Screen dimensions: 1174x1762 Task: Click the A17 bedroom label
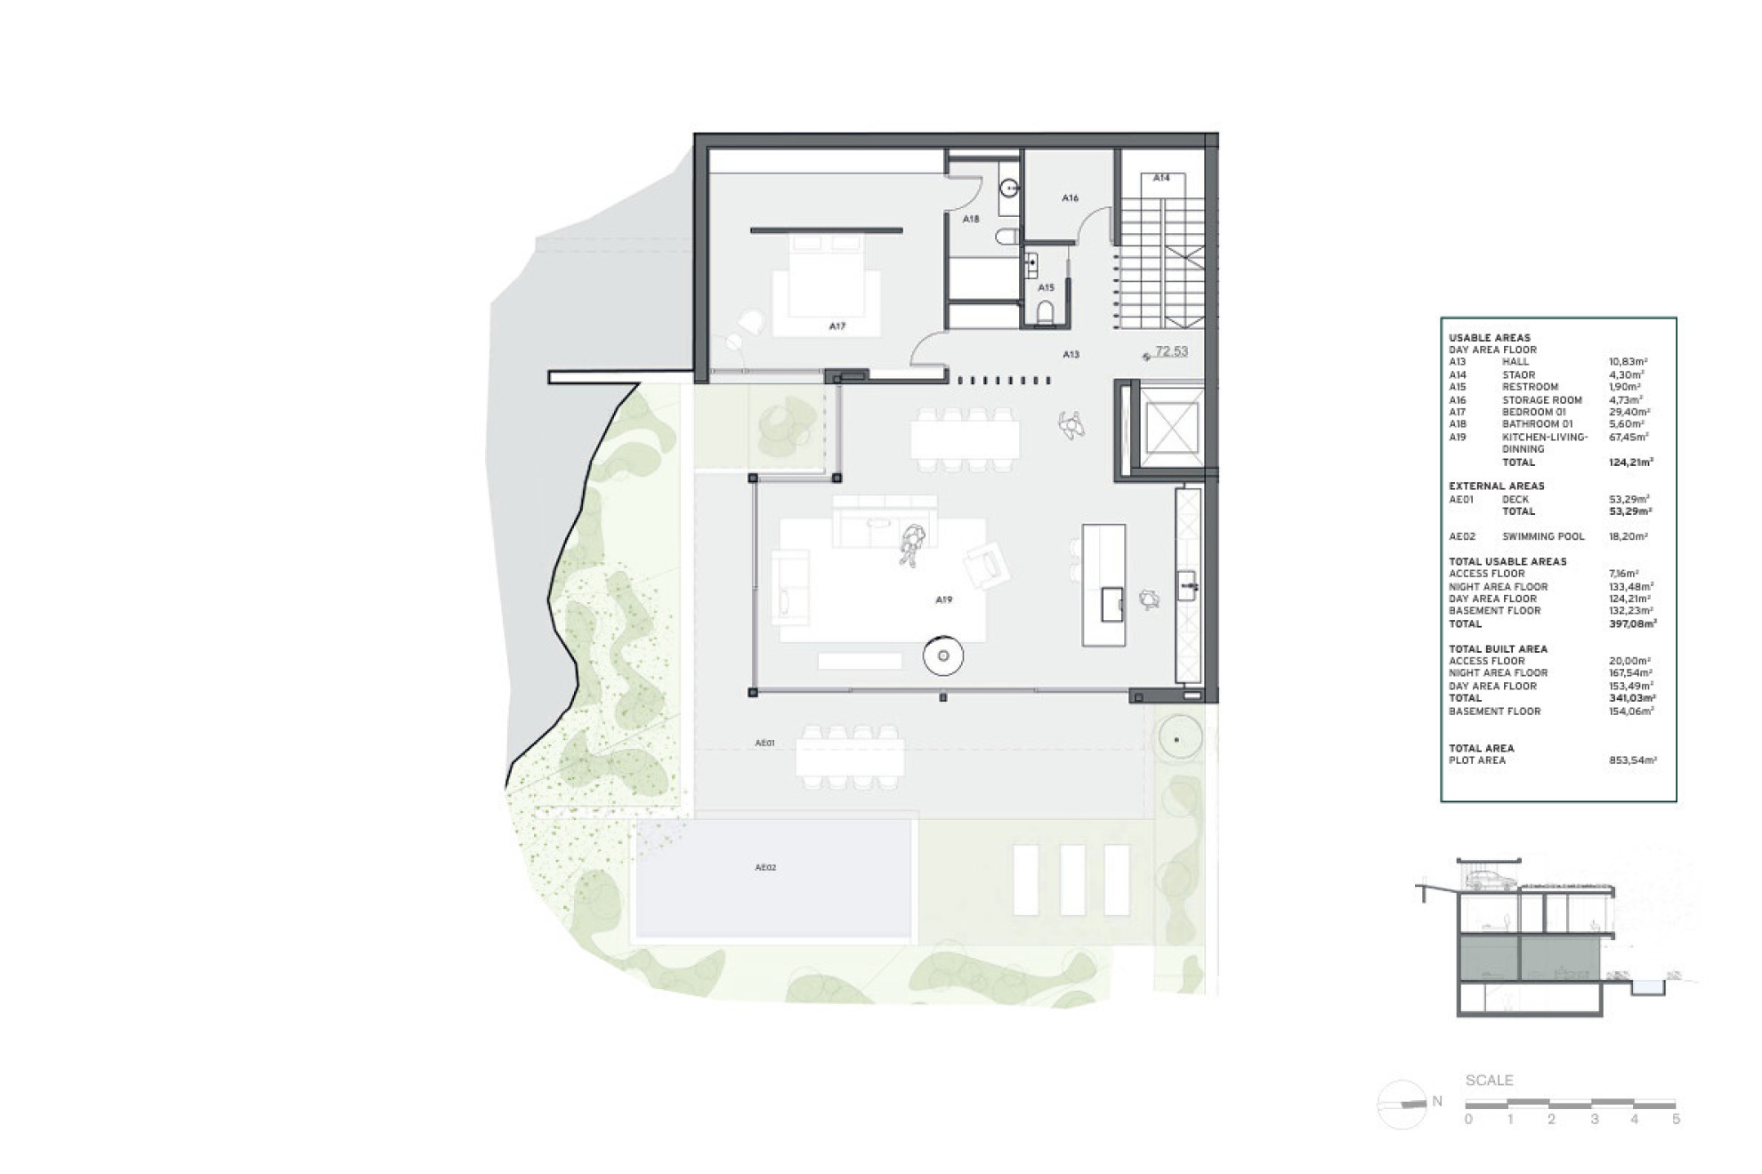(837, 326)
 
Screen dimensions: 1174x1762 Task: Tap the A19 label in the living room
(943, 599)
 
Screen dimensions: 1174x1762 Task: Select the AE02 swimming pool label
(765, 867)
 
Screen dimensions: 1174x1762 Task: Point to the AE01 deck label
(764, 742)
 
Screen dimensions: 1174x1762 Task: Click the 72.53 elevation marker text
(1171, 351)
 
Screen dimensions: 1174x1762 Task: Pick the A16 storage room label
(1070, 197)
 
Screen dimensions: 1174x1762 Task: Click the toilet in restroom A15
(1046, 311)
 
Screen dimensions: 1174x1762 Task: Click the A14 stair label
(1161, 178)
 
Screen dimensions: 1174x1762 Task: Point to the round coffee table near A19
(943, 656)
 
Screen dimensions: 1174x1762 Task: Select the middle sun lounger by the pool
(1072, 880)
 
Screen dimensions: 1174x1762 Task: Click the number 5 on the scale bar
(1676, 1119)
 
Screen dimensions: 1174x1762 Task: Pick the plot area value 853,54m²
(1632, 760)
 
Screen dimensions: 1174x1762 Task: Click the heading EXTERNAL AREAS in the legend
(1496, 486)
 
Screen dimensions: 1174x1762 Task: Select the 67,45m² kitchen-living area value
(1629, 437)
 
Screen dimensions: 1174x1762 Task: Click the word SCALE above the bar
(1489, 1080)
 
